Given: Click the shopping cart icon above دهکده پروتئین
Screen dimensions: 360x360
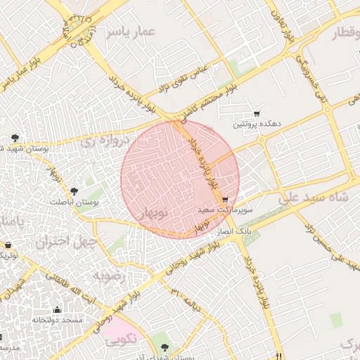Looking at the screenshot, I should pos(257,114).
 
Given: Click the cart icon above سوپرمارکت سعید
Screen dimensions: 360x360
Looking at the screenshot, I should pos(224,200).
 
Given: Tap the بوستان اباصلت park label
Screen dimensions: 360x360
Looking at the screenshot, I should pos(75,202).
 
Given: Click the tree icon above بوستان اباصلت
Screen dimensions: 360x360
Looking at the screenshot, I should pos(74,191).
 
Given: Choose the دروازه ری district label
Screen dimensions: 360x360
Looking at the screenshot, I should pos(106,141).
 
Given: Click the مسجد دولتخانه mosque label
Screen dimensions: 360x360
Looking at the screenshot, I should pos(58,320).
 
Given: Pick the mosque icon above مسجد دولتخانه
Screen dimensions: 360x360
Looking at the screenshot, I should pos(57,309).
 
